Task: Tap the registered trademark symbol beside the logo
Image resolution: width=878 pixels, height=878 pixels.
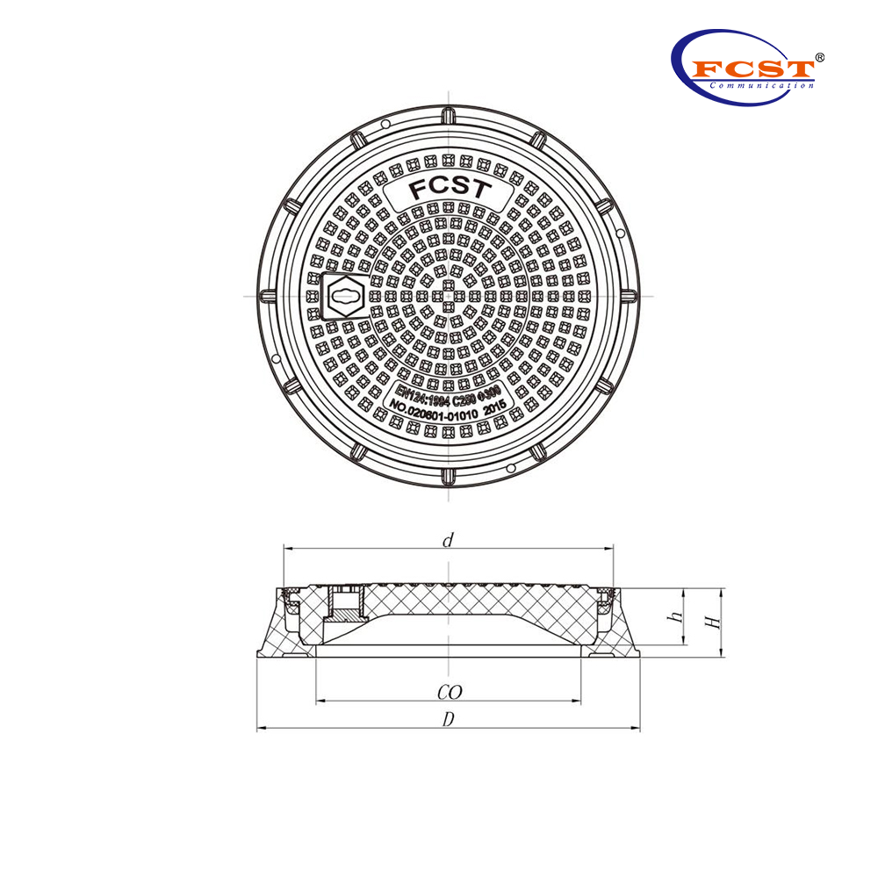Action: (x=819, y=57)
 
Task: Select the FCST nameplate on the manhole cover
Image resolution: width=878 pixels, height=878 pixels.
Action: (x=450, y=191)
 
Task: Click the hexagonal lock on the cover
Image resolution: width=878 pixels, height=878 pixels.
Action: (x=343, y=296)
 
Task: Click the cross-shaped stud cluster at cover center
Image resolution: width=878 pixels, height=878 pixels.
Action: (x=449, y=296)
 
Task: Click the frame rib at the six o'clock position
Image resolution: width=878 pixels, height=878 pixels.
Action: (x=449, y=476)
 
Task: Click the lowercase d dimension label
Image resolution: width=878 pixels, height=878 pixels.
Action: (x=448, y=541)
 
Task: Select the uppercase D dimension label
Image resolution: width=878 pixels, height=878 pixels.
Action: (x=449, y=719)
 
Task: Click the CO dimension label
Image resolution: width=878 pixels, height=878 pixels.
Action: (x=449, y=693)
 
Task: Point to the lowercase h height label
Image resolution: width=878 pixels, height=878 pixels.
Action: (x=676, y=617)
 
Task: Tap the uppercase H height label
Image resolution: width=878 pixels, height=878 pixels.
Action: (x=715, y=622)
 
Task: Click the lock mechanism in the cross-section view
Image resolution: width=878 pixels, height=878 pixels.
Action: (x=342, y=605)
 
